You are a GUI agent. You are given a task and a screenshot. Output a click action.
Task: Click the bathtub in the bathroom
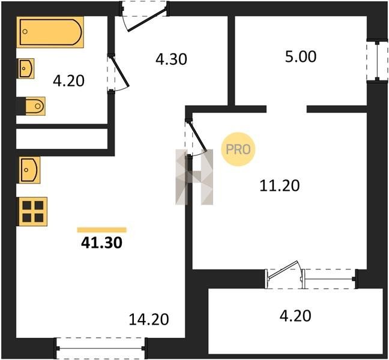coord(50,32)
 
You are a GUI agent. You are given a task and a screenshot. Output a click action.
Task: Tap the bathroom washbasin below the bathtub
coord(25,68)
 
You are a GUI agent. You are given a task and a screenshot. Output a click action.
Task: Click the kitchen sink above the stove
coord(29,170)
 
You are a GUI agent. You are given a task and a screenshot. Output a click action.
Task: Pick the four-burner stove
coord(32,212)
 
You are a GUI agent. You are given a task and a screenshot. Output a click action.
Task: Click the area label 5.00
coord(301,56)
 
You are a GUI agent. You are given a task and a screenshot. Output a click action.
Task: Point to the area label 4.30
coord(171,59)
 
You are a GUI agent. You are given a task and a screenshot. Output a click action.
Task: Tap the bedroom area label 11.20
coord(280,186)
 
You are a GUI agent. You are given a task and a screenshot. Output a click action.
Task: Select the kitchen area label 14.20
coord(149,319)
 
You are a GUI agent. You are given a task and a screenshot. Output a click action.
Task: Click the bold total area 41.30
coord(101,243)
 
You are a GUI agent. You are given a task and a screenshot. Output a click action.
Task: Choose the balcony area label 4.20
coord(295,316)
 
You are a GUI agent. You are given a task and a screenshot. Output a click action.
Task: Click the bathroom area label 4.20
coord(68,81)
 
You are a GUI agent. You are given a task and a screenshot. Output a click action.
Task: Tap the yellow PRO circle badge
coord(238,149)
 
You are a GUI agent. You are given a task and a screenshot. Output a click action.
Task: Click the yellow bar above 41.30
coord(101,230)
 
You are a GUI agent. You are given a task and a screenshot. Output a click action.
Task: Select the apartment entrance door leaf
coord(147,20)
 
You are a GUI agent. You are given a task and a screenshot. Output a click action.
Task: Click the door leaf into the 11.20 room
coord(198,136)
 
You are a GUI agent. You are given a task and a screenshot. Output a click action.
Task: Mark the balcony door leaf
coord(283,270)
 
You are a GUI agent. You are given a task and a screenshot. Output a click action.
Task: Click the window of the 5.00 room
coord(377,61)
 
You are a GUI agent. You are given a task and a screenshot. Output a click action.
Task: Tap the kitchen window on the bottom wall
coord(100,349)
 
